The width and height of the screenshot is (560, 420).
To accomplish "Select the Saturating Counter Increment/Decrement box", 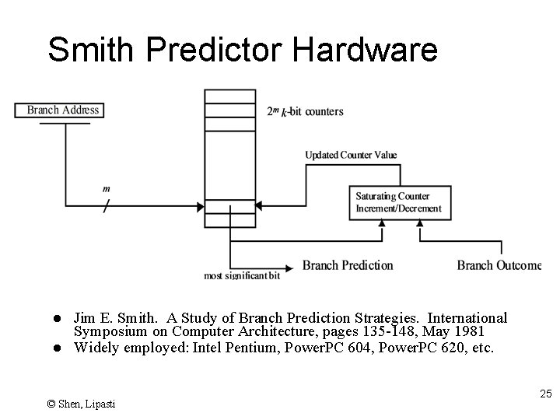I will (x=399, y=202).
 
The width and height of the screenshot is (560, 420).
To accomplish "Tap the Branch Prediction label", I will (x=348, y=265).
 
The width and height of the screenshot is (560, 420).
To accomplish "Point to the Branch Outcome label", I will (x=499, y=265).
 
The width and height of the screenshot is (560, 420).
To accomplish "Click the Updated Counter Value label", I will (x=351, y=155).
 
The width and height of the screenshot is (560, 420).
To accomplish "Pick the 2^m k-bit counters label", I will (x=305, y=111).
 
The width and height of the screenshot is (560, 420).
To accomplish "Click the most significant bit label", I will (x=242, y=276).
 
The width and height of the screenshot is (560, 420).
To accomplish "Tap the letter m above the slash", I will (x=106, y=189).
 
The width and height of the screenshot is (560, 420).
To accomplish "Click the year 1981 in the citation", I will (x=471, y=332).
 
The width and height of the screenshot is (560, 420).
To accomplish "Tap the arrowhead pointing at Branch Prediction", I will (x=293, y=265).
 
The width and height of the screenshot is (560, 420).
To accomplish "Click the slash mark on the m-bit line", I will (x=106, y=208).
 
